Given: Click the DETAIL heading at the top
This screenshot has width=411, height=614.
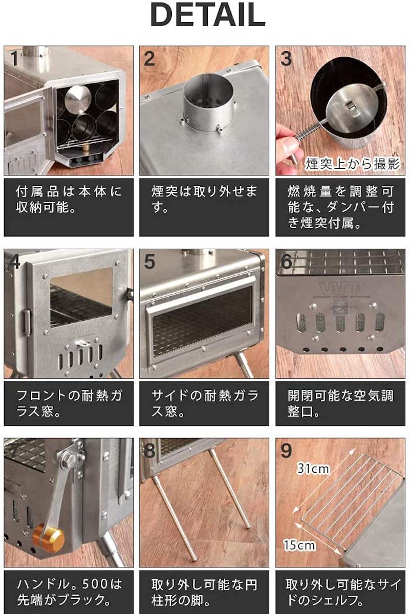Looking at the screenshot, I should point(207,16).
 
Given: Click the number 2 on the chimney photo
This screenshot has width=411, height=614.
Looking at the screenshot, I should point(149,58).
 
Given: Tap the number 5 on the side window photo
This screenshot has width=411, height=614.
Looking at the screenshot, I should point(149,261).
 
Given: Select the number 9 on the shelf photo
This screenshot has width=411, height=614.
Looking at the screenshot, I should point(286,451).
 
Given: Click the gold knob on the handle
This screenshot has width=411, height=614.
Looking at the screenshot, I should point(49,538).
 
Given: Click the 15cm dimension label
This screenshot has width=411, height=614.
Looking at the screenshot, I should point(299,545).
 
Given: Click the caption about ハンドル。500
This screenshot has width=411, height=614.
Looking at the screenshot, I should point(69,592).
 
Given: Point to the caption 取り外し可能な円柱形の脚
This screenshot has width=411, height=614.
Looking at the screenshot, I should point(204,592).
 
